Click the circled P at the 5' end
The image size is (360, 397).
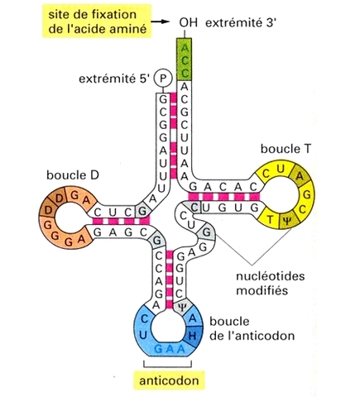[163, 79]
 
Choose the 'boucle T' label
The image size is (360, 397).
[282, 148]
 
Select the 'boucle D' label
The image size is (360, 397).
[60, 177]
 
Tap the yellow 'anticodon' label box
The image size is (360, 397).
[173, 381]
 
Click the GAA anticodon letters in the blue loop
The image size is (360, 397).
[172, 349]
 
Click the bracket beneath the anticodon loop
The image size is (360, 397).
[172, 366]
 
